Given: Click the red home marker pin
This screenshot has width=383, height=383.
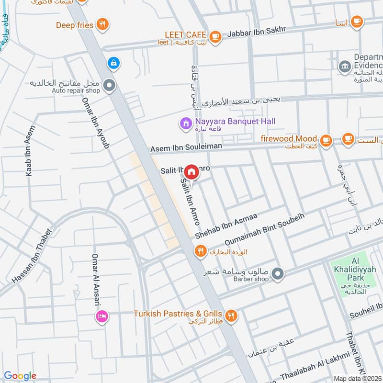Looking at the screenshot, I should click(191, 171).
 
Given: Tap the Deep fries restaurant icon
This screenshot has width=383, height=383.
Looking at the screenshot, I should click(101, 24).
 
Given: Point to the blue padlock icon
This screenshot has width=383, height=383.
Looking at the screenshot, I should click(113, 62).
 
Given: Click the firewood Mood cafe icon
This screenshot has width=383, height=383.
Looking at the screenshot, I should click(326, 140).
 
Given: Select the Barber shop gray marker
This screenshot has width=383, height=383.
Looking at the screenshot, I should click(277, 274).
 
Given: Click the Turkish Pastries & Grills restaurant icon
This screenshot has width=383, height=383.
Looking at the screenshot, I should click(231, 315).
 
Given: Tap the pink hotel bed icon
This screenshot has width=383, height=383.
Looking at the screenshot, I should click(101, 316).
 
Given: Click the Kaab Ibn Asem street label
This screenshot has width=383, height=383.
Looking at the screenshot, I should click(30, 151).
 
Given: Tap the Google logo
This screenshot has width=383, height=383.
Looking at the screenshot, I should click(20, 376).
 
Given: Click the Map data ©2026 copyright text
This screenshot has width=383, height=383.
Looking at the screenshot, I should click(357, 378).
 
